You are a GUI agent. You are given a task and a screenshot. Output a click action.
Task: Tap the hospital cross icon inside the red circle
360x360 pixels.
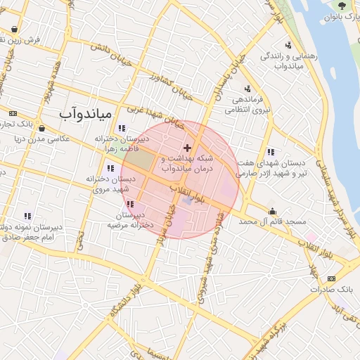[187, 148]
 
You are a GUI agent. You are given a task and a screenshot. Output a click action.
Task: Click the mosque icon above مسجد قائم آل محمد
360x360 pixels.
[272, 210]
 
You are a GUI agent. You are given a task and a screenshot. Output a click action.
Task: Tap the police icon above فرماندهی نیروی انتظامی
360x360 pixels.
[247, 89]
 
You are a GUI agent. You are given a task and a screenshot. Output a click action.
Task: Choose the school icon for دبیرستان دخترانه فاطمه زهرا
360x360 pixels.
[122, 128]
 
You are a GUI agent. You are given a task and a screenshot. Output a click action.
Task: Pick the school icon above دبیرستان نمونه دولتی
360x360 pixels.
[27, 216]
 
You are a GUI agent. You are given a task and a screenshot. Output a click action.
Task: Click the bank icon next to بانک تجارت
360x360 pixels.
[12, 113]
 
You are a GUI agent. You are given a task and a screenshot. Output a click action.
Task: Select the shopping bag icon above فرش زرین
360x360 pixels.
[15, 30]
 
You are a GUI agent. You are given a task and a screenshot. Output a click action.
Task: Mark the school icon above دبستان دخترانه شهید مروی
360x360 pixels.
[110, 168]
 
